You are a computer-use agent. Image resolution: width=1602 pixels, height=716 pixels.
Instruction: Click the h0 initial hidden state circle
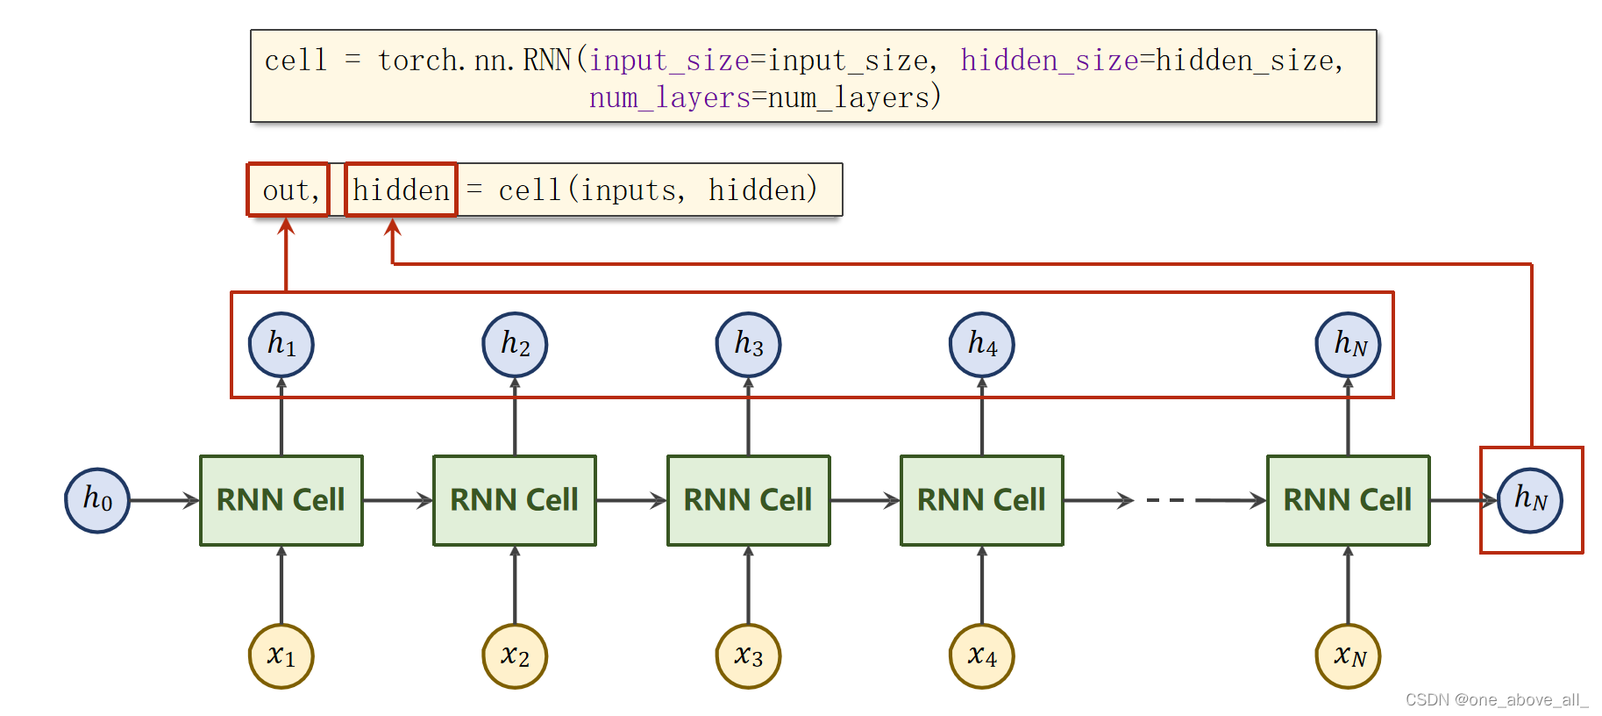point(97,500)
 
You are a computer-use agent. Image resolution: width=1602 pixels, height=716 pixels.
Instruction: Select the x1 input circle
point(281,656)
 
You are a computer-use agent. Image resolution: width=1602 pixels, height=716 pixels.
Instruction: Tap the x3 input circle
point(748,656)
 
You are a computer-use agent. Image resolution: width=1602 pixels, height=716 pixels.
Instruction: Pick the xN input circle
point(1348,656)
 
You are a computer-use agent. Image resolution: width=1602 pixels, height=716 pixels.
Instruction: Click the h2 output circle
point(515,344)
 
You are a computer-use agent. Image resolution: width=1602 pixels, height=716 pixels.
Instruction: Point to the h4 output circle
point(981,344)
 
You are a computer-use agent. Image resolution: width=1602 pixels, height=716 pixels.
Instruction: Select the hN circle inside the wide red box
point(1348,344)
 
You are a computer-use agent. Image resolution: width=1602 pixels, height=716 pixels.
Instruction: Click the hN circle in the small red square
point(1529,500)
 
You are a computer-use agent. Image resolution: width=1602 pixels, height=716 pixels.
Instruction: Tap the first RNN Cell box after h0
point(281,500)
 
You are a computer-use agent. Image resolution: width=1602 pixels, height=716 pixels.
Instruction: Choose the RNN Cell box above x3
point(748,500)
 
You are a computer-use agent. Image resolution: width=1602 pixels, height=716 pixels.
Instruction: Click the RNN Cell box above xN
point(1348,500)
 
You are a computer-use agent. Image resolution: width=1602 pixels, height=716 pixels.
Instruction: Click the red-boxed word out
point(287,190)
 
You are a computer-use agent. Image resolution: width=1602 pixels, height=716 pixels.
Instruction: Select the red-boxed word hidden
point(401,190)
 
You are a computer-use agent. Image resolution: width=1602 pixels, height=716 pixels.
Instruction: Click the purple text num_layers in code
point(669,97)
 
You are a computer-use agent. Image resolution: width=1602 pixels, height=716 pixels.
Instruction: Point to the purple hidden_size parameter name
point(1049,61)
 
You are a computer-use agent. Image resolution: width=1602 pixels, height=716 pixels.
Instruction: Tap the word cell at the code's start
point(295,61)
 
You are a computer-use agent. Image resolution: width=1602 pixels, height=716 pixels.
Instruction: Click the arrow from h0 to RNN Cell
point(165,500)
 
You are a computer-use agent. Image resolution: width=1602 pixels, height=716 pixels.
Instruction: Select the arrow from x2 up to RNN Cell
point(515,584)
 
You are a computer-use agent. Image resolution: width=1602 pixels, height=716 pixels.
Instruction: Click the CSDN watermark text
point(1496,699)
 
